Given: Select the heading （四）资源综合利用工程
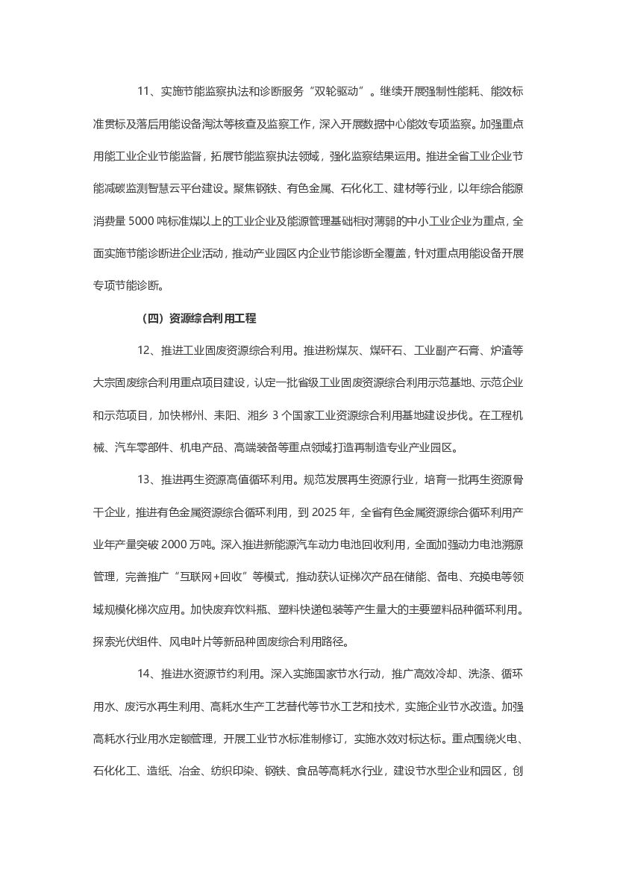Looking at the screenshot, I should (198, 318).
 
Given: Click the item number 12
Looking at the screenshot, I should (145, 350).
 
